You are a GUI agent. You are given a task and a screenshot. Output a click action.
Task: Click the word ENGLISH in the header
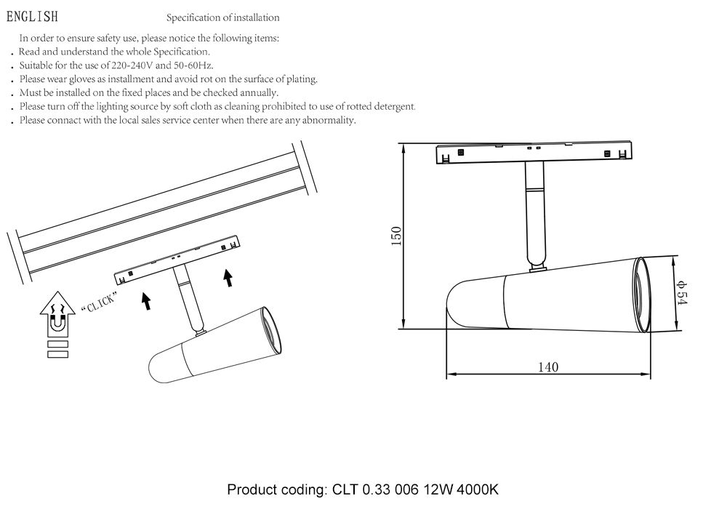32,17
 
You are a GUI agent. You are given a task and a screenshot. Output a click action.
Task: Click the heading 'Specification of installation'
222,17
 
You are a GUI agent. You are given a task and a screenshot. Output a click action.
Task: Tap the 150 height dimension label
396,236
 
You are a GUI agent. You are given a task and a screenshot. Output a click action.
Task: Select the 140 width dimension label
547,366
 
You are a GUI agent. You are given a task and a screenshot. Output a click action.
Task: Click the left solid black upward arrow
146,300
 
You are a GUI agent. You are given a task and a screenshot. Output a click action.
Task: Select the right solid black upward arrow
228,277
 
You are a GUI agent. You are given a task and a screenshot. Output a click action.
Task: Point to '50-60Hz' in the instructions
193,65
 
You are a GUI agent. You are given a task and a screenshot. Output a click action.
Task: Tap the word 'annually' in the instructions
254,93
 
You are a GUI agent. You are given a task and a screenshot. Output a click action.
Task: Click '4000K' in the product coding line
478,489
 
